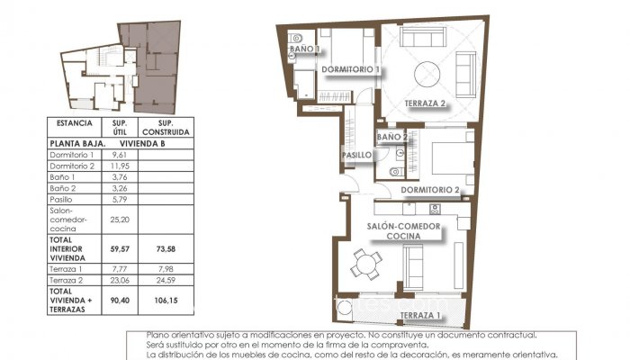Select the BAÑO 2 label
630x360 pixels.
[392, 138]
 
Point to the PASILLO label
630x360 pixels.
[356, 155]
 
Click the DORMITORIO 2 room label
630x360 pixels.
[430, 190]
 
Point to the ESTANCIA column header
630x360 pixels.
[73, 122]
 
